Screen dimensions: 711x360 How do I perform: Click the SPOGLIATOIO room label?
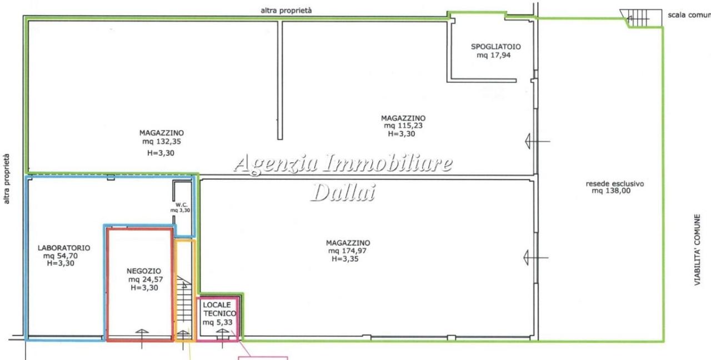(x=496, y=47)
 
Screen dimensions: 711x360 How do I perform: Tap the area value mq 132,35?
(x=162, y=142)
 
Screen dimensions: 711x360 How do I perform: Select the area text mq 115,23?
(x=403, y=126)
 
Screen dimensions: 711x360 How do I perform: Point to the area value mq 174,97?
(x=347, y=251)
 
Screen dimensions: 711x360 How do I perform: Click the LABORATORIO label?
(x=64, y=248)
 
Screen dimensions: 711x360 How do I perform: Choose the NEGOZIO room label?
(x=144, y=271)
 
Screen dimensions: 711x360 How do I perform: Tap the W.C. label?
(x=181, y=205)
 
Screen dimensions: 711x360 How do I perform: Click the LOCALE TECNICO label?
(x=219, y=309)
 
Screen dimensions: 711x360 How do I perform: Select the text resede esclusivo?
(x=615, y=184)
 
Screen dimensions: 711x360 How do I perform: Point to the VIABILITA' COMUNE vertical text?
(x=697, y=250)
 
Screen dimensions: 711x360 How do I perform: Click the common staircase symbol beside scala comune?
(x=641, y=18)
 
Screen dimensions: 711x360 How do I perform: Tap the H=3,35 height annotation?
(x=345, y=259)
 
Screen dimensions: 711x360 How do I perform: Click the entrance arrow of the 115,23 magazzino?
(x=537, y=141)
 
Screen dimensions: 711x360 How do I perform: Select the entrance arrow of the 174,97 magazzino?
(x=536, y=257)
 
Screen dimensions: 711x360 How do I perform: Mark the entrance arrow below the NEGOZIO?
(x=142, y=339)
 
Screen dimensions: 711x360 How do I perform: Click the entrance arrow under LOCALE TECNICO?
(x=222, y=339)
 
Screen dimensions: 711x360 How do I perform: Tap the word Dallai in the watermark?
(x=343, y=192)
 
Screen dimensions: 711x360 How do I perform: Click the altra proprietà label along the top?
(x=286, y=11)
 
